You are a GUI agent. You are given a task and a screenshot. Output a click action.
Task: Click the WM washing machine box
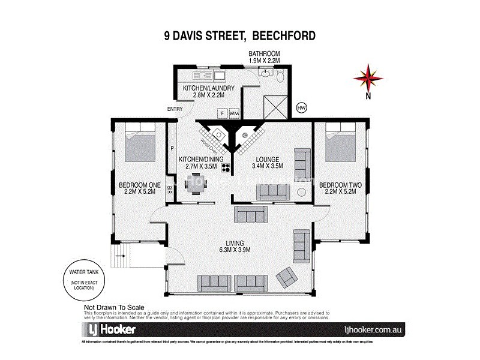pyautogui.click(x=233, y=112)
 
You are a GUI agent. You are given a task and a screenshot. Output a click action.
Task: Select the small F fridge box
pyautogui.click(x=221, y=112)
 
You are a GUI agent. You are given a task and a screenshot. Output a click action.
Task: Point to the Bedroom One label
pyautogui.click(x=137, y=188)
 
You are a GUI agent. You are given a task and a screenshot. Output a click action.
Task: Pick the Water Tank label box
pyautogui.click(x=80, y=280)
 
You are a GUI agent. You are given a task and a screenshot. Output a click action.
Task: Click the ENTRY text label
pyautogui.click(x=175, y=109)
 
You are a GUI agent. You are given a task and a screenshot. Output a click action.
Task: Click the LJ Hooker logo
pyautogui.click(x=108, y=329)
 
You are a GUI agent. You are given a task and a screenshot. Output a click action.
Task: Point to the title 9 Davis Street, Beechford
pyautogui.click(x=240, y=35)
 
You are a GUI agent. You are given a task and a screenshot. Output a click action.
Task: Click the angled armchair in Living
pyautogui.click(x=286, y=276)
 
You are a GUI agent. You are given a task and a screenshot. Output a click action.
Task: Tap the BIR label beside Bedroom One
pyautogui.click(x=170, y=190)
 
